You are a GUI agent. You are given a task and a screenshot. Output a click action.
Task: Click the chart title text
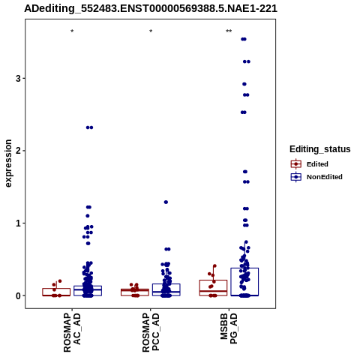pos(151,9)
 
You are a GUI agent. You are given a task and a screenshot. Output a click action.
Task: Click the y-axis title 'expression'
pos(8,163)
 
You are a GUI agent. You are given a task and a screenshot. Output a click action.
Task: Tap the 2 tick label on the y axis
pos(18,151)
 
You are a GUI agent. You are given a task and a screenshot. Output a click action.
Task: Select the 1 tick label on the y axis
pos(18,223)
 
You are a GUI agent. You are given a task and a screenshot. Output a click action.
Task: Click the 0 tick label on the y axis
pos(18,295)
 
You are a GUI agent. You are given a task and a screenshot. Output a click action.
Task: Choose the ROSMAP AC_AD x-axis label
pos(72,333)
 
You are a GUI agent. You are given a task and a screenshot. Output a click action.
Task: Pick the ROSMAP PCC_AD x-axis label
pos(151,333)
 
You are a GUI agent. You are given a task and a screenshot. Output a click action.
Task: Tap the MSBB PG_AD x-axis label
pos(229,329)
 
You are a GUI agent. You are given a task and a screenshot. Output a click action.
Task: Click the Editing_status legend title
pos(320,149)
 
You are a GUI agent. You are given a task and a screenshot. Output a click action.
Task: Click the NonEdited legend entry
pos(316,177)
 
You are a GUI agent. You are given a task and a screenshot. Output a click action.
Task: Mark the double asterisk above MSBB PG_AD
pos(229,31)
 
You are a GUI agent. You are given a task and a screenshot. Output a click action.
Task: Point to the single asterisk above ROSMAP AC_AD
pos(72,31)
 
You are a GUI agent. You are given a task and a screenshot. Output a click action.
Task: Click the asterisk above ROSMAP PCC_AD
pos(151,31)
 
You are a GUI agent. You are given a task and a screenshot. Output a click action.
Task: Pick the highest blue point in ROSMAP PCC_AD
pos(166,202)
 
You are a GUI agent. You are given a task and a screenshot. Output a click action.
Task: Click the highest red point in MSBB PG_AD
pos(214,266)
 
